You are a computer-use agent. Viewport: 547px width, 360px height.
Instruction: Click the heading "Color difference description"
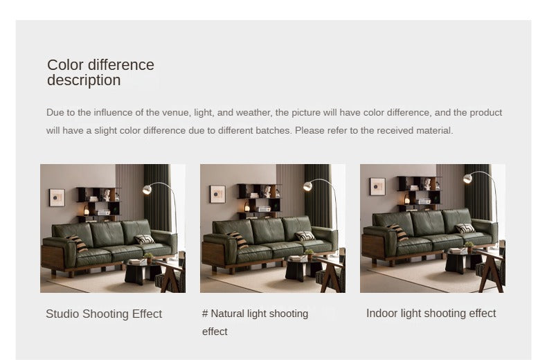[x=100, y=72]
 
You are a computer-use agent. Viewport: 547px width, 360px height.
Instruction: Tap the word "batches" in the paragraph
[x=273, y=130]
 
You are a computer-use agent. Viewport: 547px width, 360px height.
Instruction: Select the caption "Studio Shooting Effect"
[x=104, y=314]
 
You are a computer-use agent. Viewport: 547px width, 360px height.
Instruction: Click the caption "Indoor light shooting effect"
[x=431, y=313]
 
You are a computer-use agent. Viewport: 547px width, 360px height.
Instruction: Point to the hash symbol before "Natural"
[x=205, y=313]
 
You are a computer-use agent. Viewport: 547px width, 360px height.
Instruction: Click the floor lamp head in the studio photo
[x=147, y=190]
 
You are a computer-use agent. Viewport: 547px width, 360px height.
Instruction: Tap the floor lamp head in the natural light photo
[x=307, y=186]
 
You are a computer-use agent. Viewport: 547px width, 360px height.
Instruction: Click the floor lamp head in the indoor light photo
[x=467, y=179]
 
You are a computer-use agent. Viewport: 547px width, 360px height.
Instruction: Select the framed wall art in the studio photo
[x=57, y=198]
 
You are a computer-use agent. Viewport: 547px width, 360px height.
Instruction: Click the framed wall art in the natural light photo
[x=217, y=195]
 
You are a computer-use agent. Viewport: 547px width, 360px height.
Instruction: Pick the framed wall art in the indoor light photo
[x=377, y=187]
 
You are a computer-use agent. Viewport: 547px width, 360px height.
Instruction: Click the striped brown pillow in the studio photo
[x=78, y=243]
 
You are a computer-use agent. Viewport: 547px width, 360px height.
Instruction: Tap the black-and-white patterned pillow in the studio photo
[x=144, y=240]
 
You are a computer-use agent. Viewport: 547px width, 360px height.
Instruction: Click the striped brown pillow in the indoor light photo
[x=397, y=232]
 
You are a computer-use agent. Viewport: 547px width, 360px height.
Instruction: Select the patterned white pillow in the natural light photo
[x=305, y=236]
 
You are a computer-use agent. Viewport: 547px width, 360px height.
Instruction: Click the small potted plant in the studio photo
[x=149, y=258]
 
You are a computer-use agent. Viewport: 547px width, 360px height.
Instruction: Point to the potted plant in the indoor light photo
[x=469, y=246]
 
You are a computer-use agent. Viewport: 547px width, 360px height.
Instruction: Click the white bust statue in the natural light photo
[x=267, y=192]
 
